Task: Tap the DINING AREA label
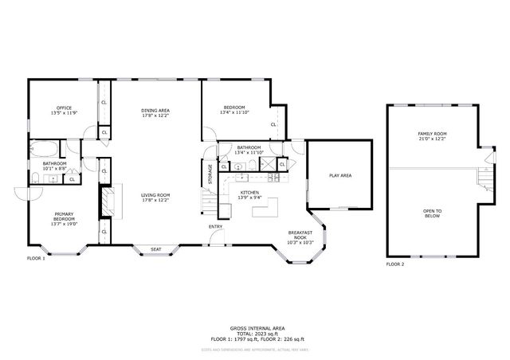[155, 111]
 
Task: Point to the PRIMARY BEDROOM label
[64, 216]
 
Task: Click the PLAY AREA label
[340, 175]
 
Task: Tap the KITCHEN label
[250, 193]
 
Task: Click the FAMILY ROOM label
[433, 133]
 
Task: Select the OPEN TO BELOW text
[433, 213]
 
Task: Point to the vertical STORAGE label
[210, 175]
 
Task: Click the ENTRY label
[216, 227]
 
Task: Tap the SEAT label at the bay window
[156, 250]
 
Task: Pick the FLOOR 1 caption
[37, 259]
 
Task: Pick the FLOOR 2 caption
[395, 264]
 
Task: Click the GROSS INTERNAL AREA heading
[254, 327]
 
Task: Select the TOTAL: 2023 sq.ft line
[254, 333]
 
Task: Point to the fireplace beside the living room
[104, 202]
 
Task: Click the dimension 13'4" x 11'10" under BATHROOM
[249, 152]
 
